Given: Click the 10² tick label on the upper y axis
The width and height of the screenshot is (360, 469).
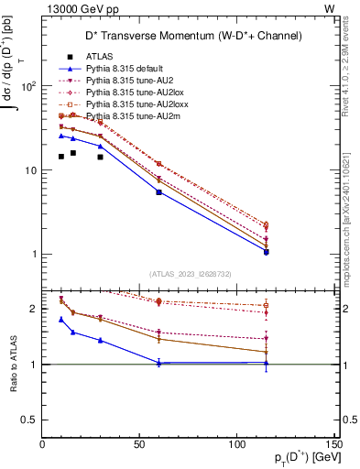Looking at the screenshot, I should [28, 86].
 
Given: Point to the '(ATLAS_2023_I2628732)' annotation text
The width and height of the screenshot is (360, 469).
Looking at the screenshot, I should [190, 273].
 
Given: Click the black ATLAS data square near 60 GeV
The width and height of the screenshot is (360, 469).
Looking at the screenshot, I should [159, 192].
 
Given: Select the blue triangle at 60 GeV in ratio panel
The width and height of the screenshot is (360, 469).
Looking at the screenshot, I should [159, 364].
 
